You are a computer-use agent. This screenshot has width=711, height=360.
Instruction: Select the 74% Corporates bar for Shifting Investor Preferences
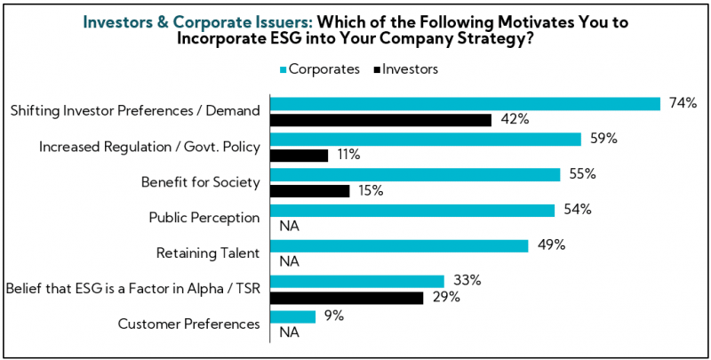[x=464, y=103]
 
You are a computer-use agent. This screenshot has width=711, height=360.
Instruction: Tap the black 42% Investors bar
[x=379, y=120]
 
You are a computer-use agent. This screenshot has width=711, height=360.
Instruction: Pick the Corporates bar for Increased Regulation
[x=425, y=139]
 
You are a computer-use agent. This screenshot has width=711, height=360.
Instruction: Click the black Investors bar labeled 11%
[x=298, y=156]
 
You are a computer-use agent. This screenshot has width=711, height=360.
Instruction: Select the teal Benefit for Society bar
[x=414, y=174]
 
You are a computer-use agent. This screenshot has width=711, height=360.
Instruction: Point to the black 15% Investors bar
[x=308, y=191]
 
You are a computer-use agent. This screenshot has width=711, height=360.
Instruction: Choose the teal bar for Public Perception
[x=411, y=210]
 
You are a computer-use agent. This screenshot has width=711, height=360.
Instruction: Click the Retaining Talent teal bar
[x=398, y=245]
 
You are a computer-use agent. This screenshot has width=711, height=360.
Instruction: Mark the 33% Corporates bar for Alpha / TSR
[x=355, y=281]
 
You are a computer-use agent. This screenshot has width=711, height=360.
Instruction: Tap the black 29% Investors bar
[x=345, y=298]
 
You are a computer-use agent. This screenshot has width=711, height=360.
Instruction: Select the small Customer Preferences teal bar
[x=292, y=316]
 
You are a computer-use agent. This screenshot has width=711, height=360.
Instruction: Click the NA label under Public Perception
[x=289, y=227]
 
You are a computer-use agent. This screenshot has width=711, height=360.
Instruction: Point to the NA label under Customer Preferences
[x=289, y=333]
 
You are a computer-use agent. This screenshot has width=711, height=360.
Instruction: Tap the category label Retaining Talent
[x=207, y=253]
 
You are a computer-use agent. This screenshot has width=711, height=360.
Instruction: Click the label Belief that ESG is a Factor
[x=132, y=289]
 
